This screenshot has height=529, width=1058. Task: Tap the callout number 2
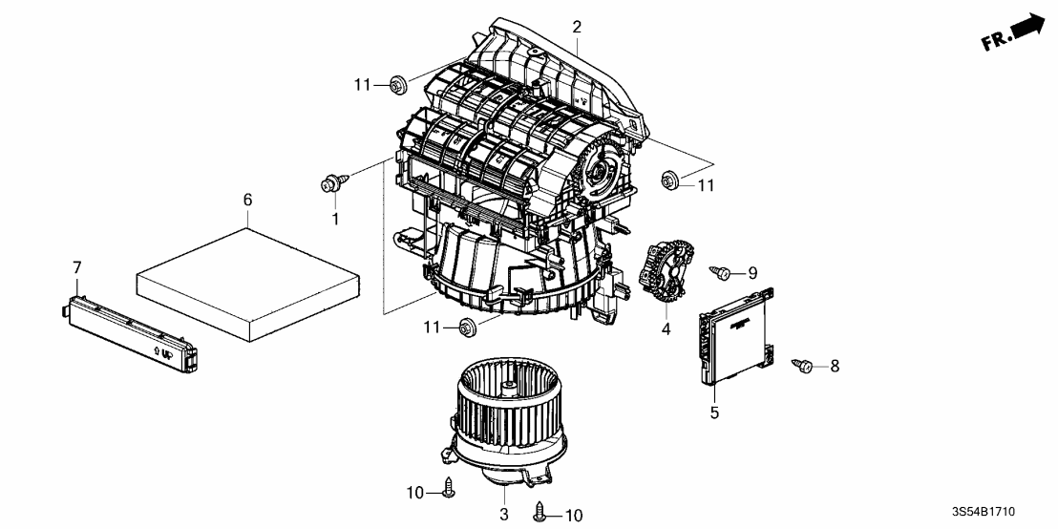tap(577, 27)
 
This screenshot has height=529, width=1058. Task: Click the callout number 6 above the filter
tap(247, 201)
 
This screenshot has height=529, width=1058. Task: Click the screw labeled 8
tap(803, 365)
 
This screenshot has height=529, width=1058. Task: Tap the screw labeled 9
tap(722, 274)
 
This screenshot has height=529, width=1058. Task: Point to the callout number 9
tap(751, 273)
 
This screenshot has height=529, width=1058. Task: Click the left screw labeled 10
tap(450, 490)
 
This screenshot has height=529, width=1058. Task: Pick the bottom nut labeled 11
tap(465, 328)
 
